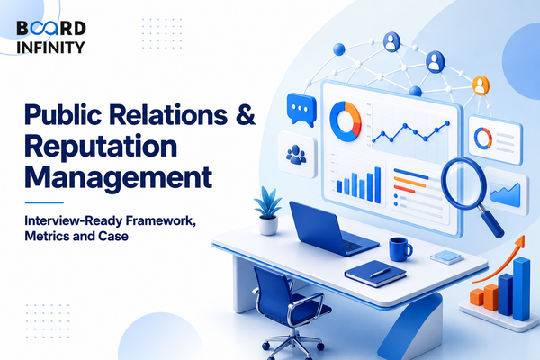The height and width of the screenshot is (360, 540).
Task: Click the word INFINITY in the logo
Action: coord(50,48)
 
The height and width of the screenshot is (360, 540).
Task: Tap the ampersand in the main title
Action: coord(246,114)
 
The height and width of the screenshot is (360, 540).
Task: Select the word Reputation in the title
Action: coord(101,147)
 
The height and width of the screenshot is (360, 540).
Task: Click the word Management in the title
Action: coord(118,178)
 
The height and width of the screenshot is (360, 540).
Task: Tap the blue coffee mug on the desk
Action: coord(400,249)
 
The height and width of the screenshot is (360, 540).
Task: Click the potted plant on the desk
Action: coord(268,211)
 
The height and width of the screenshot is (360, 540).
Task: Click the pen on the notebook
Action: coord(380,273)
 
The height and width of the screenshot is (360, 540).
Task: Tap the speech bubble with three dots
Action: coord(301,109)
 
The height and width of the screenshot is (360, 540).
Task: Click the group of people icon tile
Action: coord(297,154)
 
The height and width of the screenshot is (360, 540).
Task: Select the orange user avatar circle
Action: coord(481,85)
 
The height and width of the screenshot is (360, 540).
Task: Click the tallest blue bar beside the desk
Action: coord(521,289)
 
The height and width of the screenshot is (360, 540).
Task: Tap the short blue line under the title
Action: coord(44,202)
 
